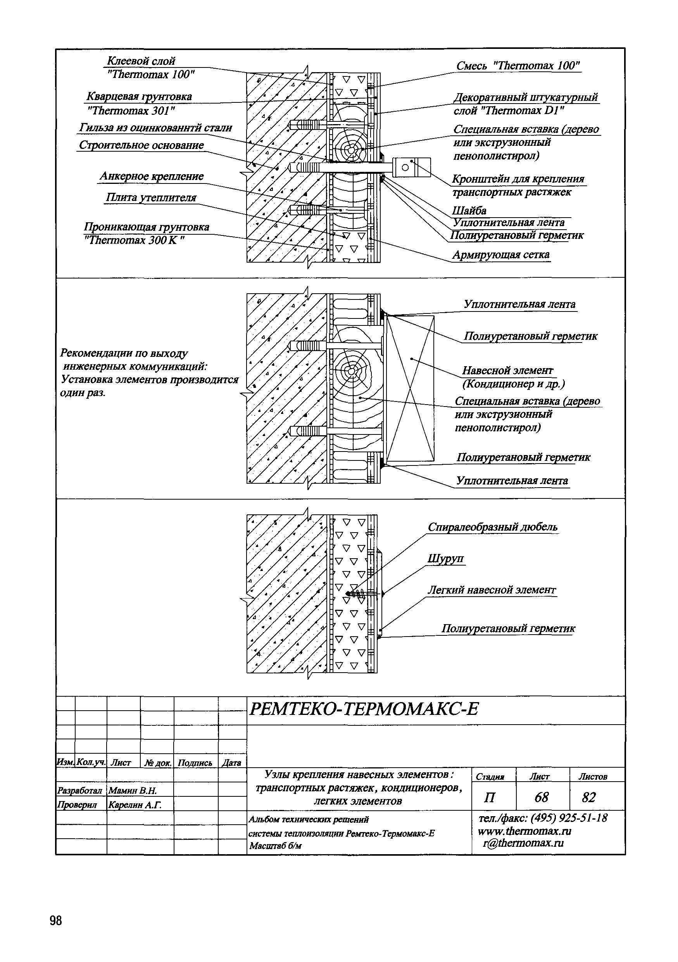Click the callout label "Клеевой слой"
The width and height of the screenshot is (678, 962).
pos(141,61)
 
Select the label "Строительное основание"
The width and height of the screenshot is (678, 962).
pos(141,145)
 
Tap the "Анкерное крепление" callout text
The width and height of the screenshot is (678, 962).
pos(152,176)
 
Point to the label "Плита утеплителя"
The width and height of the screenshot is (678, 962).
pos(151,197)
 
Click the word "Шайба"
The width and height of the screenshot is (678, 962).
pos(469,210)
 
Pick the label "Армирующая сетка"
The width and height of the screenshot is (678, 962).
pos(501,255)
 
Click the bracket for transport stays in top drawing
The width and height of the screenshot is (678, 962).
pos(411,167)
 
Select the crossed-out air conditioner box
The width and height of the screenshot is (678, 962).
pos(410,388)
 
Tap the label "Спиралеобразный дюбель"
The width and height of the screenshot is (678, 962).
pos(492,527)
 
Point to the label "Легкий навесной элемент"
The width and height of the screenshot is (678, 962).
pos(491,590)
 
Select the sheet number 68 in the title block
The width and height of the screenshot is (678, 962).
pos(542,798)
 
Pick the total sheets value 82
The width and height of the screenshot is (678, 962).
pos(589,798)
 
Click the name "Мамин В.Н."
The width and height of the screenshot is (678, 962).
pos(132,791)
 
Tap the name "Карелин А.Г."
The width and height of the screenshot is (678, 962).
pos(135,805)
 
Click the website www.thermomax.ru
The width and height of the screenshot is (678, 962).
pos(524,831)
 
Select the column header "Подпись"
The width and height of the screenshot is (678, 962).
pos(195,763)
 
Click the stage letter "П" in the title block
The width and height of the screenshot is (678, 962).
pos(489,798)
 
